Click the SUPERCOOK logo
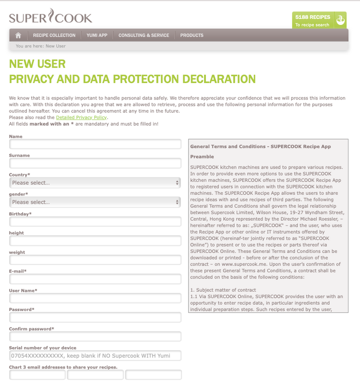pos(50,18)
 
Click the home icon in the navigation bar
pos(18,35)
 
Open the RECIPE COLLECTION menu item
pos(54,35)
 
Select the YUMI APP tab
pos(97,35)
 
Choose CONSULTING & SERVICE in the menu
pos(144,35)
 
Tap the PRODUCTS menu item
pos(192,35)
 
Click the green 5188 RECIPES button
pos(319,20)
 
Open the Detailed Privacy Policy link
pos(82,117)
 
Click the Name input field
pos(95,144)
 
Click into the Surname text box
pos(95,163)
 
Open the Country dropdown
pos(95,182)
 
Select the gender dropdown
pos(95,202)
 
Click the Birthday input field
pos(95,221)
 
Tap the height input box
pos(95,240)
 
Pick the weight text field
pos(95,260)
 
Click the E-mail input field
pos(95,279)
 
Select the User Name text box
pos(95,298)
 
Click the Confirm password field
pos(95,336)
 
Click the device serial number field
pos(95,356)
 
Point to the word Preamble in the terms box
pos(202,156)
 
